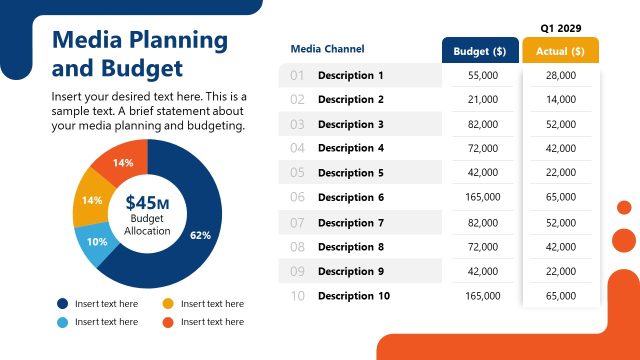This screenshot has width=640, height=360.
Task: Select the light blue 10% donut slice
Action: coord(97,243)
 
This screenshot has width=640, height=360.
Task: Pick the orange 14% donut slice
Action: coord(122,162)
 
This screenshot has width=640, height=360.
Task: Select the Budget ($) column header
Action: coord(480,51)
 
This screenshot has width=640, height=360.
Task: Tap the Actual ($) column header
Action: coord(560,51)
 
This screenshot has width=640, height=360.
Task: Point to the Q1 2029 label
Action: coord(561,28)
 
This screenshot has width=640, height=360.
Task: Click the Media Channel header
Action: coord(327,49)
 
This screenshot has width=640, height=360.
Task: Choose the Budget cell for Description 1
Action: coord(482,76)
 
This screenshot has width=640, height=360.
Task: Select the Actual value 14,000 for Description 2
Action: coord(560,100)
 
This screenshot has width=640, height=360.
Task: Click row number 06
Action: coord(297,198)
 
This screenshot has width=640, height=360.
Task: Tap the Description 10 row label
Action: coord(353,296)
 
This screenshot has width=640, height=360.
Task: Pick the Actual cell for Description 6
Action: coord(560,198)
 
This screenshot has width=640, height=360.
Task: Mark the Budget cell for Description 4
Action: coord(482,149)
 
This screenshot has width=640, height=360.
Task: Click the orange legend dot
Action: coord(168,322)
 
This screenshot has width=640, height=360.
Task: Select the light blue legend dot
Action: coord(62,322)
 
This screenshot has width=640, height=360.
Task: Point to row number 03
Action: coord(297,125)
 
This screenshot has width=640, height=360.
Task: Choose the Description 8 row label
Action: coord(350,247)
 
